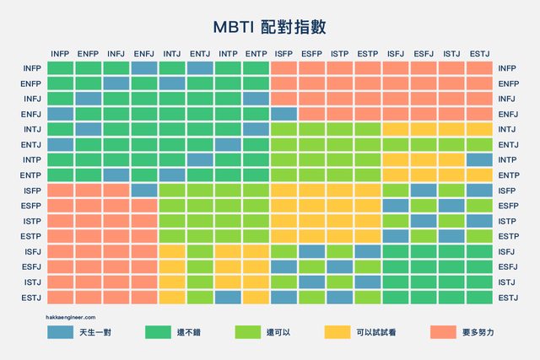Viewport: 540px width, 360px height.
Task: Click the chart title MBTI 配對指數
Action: pos(270,27)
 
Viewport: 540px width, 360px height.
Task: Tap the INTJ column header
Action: pos(171,54)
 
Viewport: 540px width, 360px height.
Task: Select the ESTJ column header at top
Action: pos(478,54)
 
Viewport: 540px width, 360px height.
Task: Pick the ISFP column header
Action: pos(283,54)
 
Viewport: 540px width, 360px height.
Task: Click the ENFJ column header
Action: pos(143,54)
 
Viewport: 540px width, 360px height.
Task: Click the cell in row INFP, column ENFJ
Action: pos(143,68)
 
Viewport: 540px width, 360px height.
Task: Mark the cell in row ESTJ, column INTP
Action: pos(227,297)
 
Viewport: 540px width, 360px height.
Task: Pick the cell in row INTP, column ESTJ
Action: pos(478,160)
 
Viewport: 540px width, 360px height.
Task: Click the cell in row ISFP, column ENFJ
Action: pos(143,191)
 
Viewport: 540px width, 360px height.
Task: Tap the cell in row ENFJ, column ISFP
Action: pos(283,114)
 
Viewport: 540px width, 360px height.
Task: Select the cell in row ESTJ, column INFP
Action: pos(60,297)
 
